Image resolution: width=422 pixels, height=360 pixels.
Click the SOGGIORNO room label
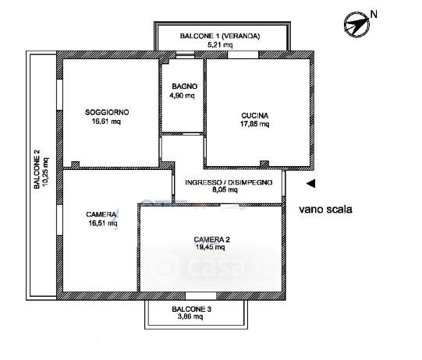(107, 112)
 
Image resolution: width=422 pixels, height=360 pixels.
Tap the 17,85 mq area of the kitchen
(254, 124)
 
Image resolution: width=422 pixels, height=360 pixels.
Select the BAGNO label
(184, 86)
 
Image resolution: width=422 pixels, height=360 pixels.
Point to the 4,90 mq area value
(182, 95)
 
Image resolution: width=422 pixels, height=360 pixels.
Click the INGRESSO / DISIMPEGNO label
(229, 182)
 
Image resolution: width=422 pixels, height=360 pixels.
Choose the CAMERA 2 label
(212, 239)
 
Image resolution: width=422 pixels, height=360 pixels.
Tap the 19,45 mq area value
(210, 247)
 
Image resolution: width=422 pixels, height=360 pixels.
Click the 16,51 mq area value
(103, 223)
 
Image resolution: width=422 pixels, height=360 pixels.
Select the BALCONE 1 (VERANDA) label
(220, 36)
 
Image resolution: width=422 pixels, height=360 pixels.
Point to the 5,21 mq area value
(220, 44)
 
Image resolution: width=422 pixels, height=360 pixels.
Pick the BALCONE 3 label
(191, 309)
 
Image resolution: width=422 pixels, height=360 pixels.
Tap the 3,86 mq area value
(190, 316)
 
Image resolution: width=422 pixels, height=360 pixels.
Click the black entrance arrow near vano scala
(311, 184)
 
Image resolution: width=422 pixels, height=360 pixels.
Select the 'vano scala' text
(325, 209)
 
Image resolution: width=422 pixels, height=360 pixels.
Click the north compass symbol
(357, 24)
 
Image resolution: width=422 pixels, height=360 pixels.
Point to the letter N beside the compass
(374, 14)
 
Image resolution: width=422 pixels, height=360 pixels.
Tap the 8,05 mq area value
(225, 190)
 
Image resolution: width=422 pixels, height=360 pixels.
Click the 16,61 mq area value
(106, 122)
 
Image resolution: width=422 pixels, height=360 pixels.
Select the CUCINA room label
(254, 116)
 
